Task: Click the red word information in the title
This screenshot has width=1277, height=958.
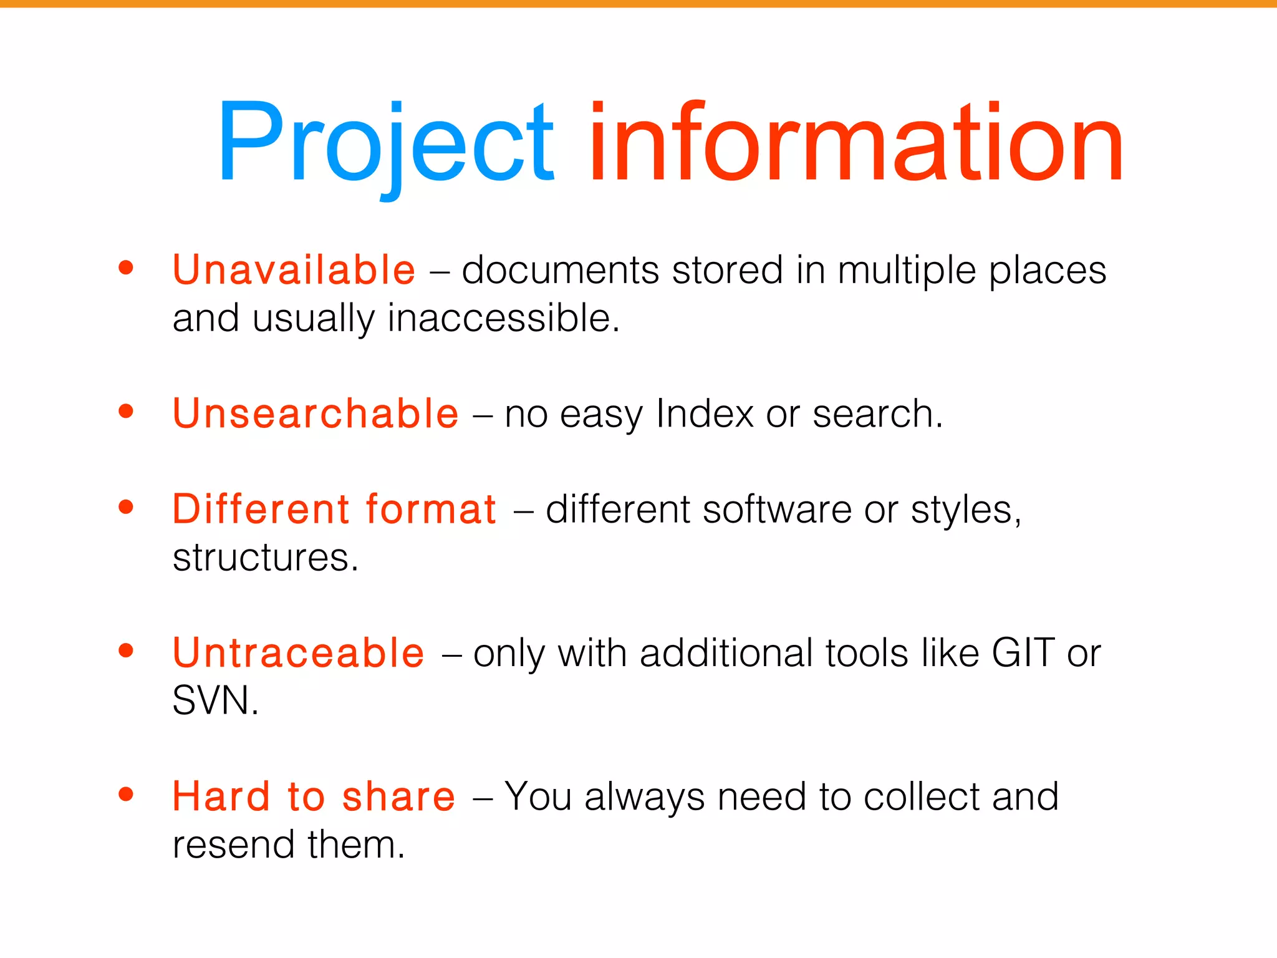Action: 855,143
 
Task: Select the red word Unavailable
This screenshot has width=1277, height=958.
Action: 294,270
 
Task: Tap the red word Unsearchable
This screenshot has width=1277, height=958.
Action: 316,414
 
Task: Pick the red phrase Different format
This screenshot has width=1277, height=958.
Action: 334,509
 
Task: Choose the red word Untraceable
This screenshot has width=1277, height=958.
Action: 299,653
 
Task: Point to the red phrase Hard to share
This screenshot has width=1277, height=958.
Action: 314,796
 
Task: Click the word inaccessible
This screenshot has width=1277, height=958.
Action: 503,318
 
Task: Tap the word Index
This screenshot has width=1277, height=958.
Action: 705,414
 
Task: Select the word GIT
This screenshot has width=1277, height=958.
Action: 1023,653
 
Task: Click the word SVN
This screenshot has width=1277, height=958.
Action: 214,700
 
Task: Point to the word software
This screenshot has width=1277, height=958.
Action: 777,510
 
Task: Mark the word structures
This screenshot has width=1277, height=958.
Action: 264,557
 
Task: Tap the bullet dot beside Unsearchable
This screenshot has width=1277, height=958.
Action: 126,411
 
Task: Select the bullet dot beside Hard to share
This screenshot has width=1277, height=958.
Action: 126,794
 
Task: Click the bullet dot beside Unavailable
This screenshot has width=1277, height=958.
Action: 126,268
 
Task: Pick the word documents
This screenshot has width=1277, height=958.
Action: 560,270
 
